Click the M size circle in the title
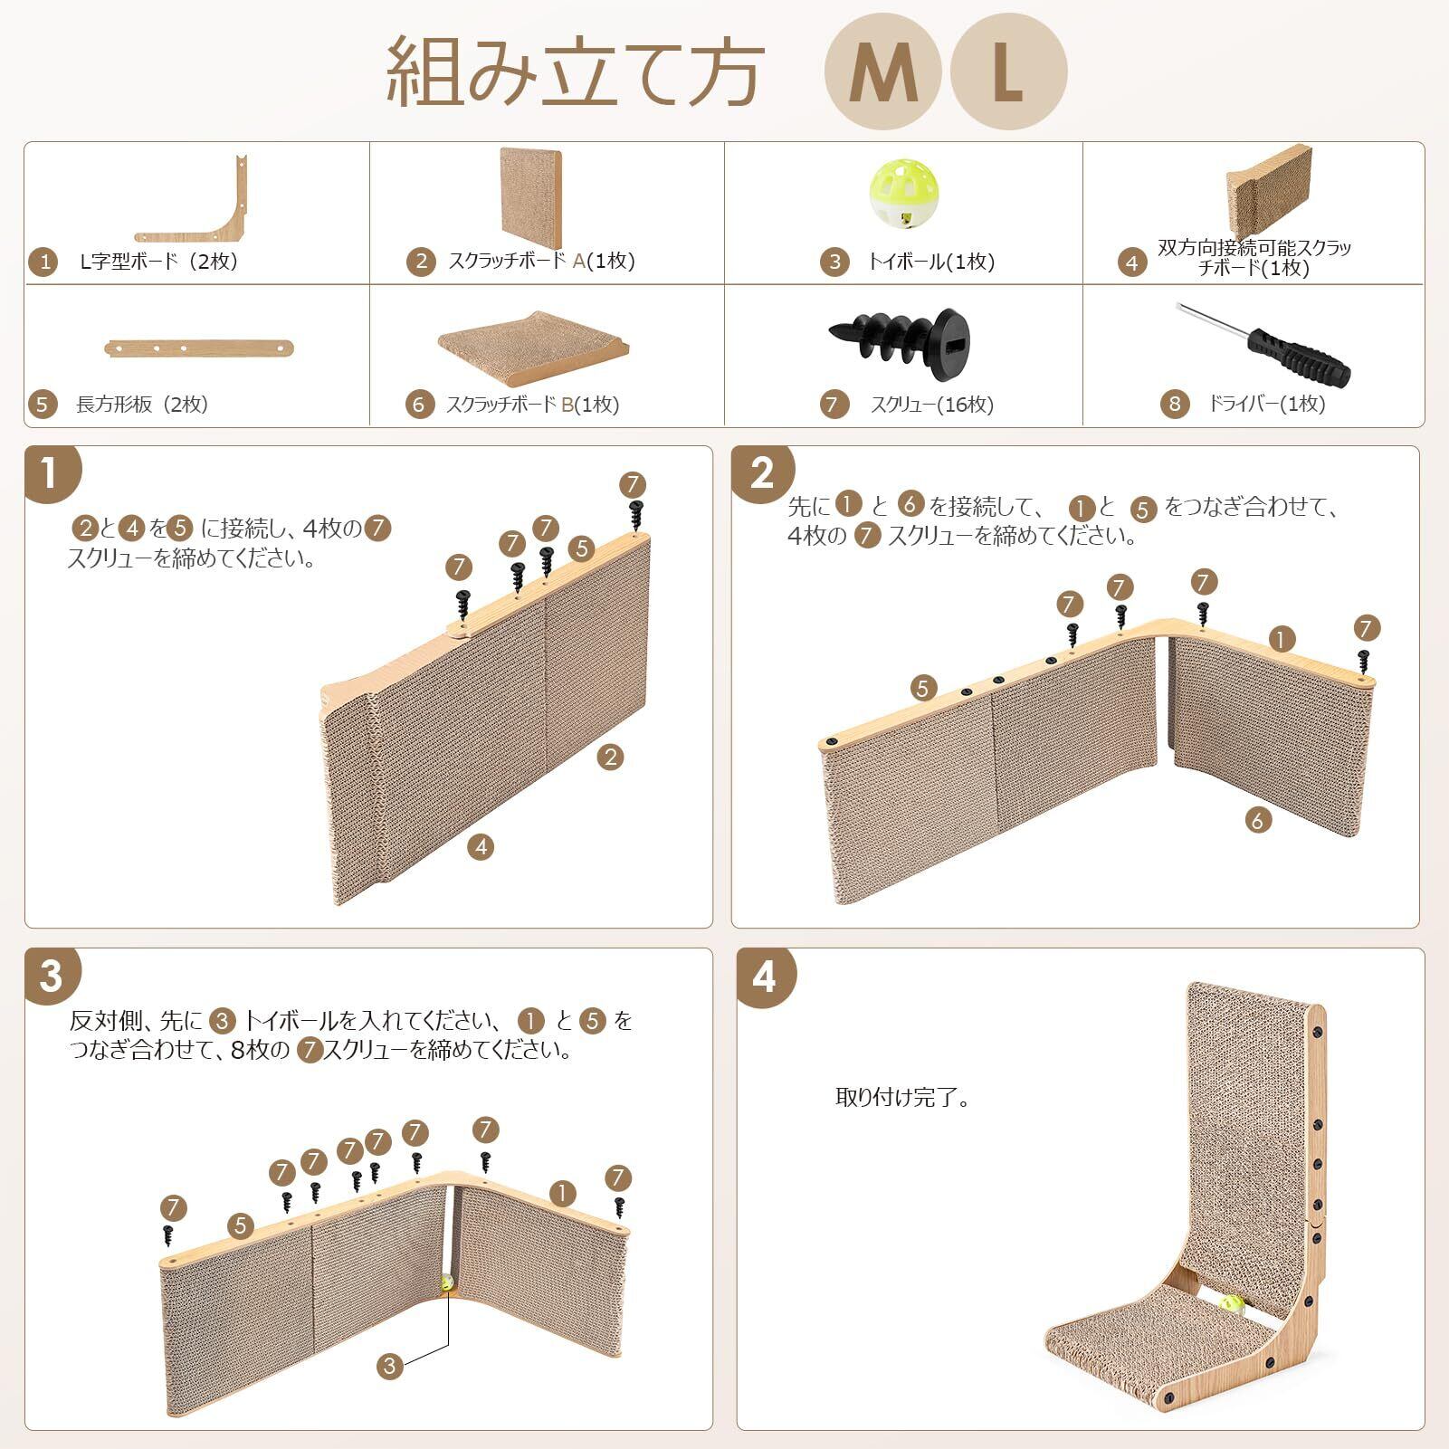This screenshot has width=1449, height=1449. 882,73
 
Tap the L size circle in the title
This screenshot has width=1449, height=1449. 1008,73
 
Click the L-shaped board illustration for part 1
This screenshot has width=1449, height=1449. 192,200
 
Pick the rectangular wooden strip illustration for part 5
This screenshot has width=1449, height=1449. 200,348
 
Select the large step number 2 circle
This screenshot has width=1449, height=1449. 761,473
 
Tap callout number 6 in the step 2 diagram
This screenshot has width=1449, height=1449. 1257,820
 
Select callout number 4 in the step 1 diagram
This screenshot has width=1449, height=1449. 481,846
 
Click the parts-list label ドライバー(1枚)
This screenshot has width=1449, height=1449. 1266,404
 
